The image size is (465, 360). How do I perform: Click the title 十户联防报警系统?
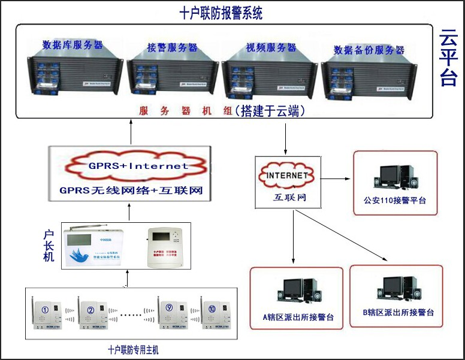221,13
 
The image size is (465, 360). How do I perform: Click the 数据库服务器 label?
73,45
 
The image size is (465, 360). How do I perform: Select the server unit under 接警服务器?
171,78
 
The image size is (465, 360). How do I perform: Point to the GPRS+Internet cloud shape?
138,166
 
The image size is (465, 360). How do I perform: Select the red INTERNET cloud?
285,176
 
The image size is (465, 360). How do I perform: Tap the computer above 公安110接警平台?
395,174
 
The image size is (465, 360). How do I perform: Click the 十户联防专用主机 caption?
133,349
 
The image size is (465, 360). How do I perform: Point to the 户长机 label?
50,245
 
